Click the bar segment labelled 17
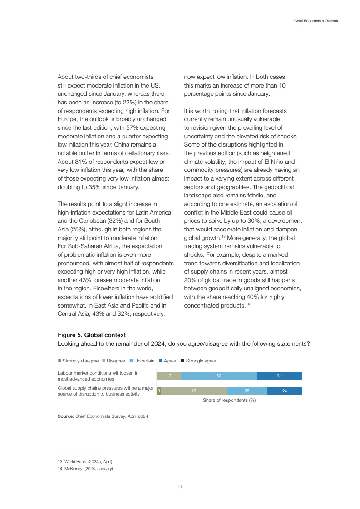tap(168, 376)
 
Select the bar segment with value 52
tap(219, 376)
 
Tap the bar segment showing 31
tap(279, 376)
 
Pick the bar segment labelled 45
tap(194, 391)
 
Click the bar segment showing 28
tap(247, 391)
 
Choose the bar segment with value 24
tap(285, 391)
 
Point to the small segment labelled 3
tap(158, 391)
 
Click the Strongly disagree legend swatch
tap(59, 361)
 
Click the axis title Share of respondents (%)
tap(229, 401)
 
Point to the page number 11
tap(180, 486)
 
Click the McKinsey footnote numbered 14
tap(85, 469)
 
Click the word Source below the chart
tap(65, 416)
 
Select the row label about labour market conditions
tap(98, 376)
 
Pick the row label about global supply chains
tap(105, 391)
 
